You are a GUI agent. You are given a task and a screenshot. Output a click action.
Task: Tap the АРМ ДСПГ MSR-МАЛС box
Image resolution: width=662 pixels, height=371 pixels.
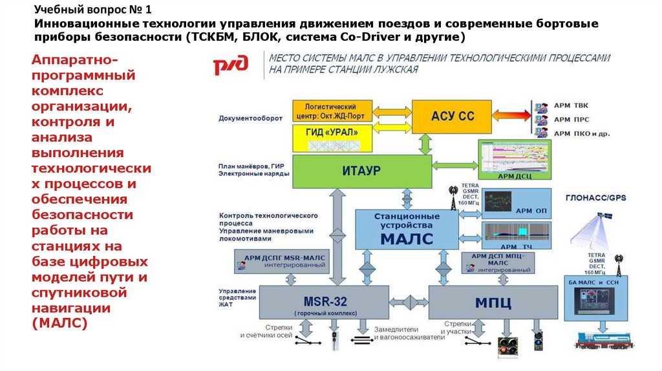tap(284, 260)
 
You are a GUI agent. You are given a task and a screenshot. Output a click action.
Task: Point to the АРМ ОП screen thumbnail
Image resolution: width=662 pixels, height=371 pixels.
tap(515, 202)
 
